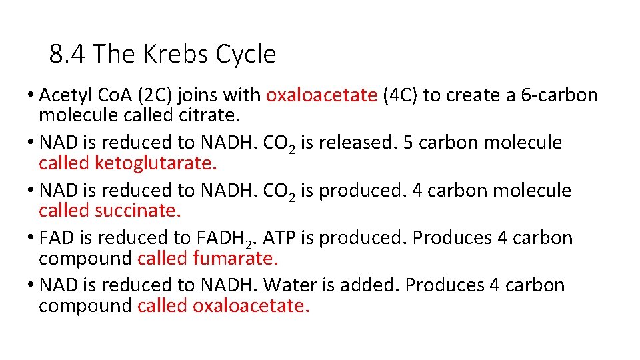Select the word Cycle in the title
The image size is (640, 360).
(246, 54)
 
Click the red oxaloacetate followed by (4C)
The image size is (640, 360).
(321, 95)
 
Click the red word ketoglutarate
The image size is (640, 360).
(156, 163)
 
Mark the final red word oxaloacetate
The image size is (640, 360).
(251, 306)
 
